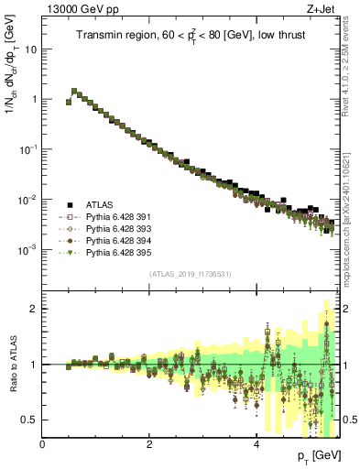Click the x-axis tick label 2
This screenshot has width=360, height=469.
[x=149, y=444]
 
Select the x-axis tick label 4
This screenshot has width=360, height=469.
[x=256, y=444]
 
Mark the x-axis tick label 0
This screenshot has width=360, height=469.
[x=42, y=444]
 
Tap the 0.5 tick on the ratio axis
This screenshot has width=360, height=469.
[x=30, y=420]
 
